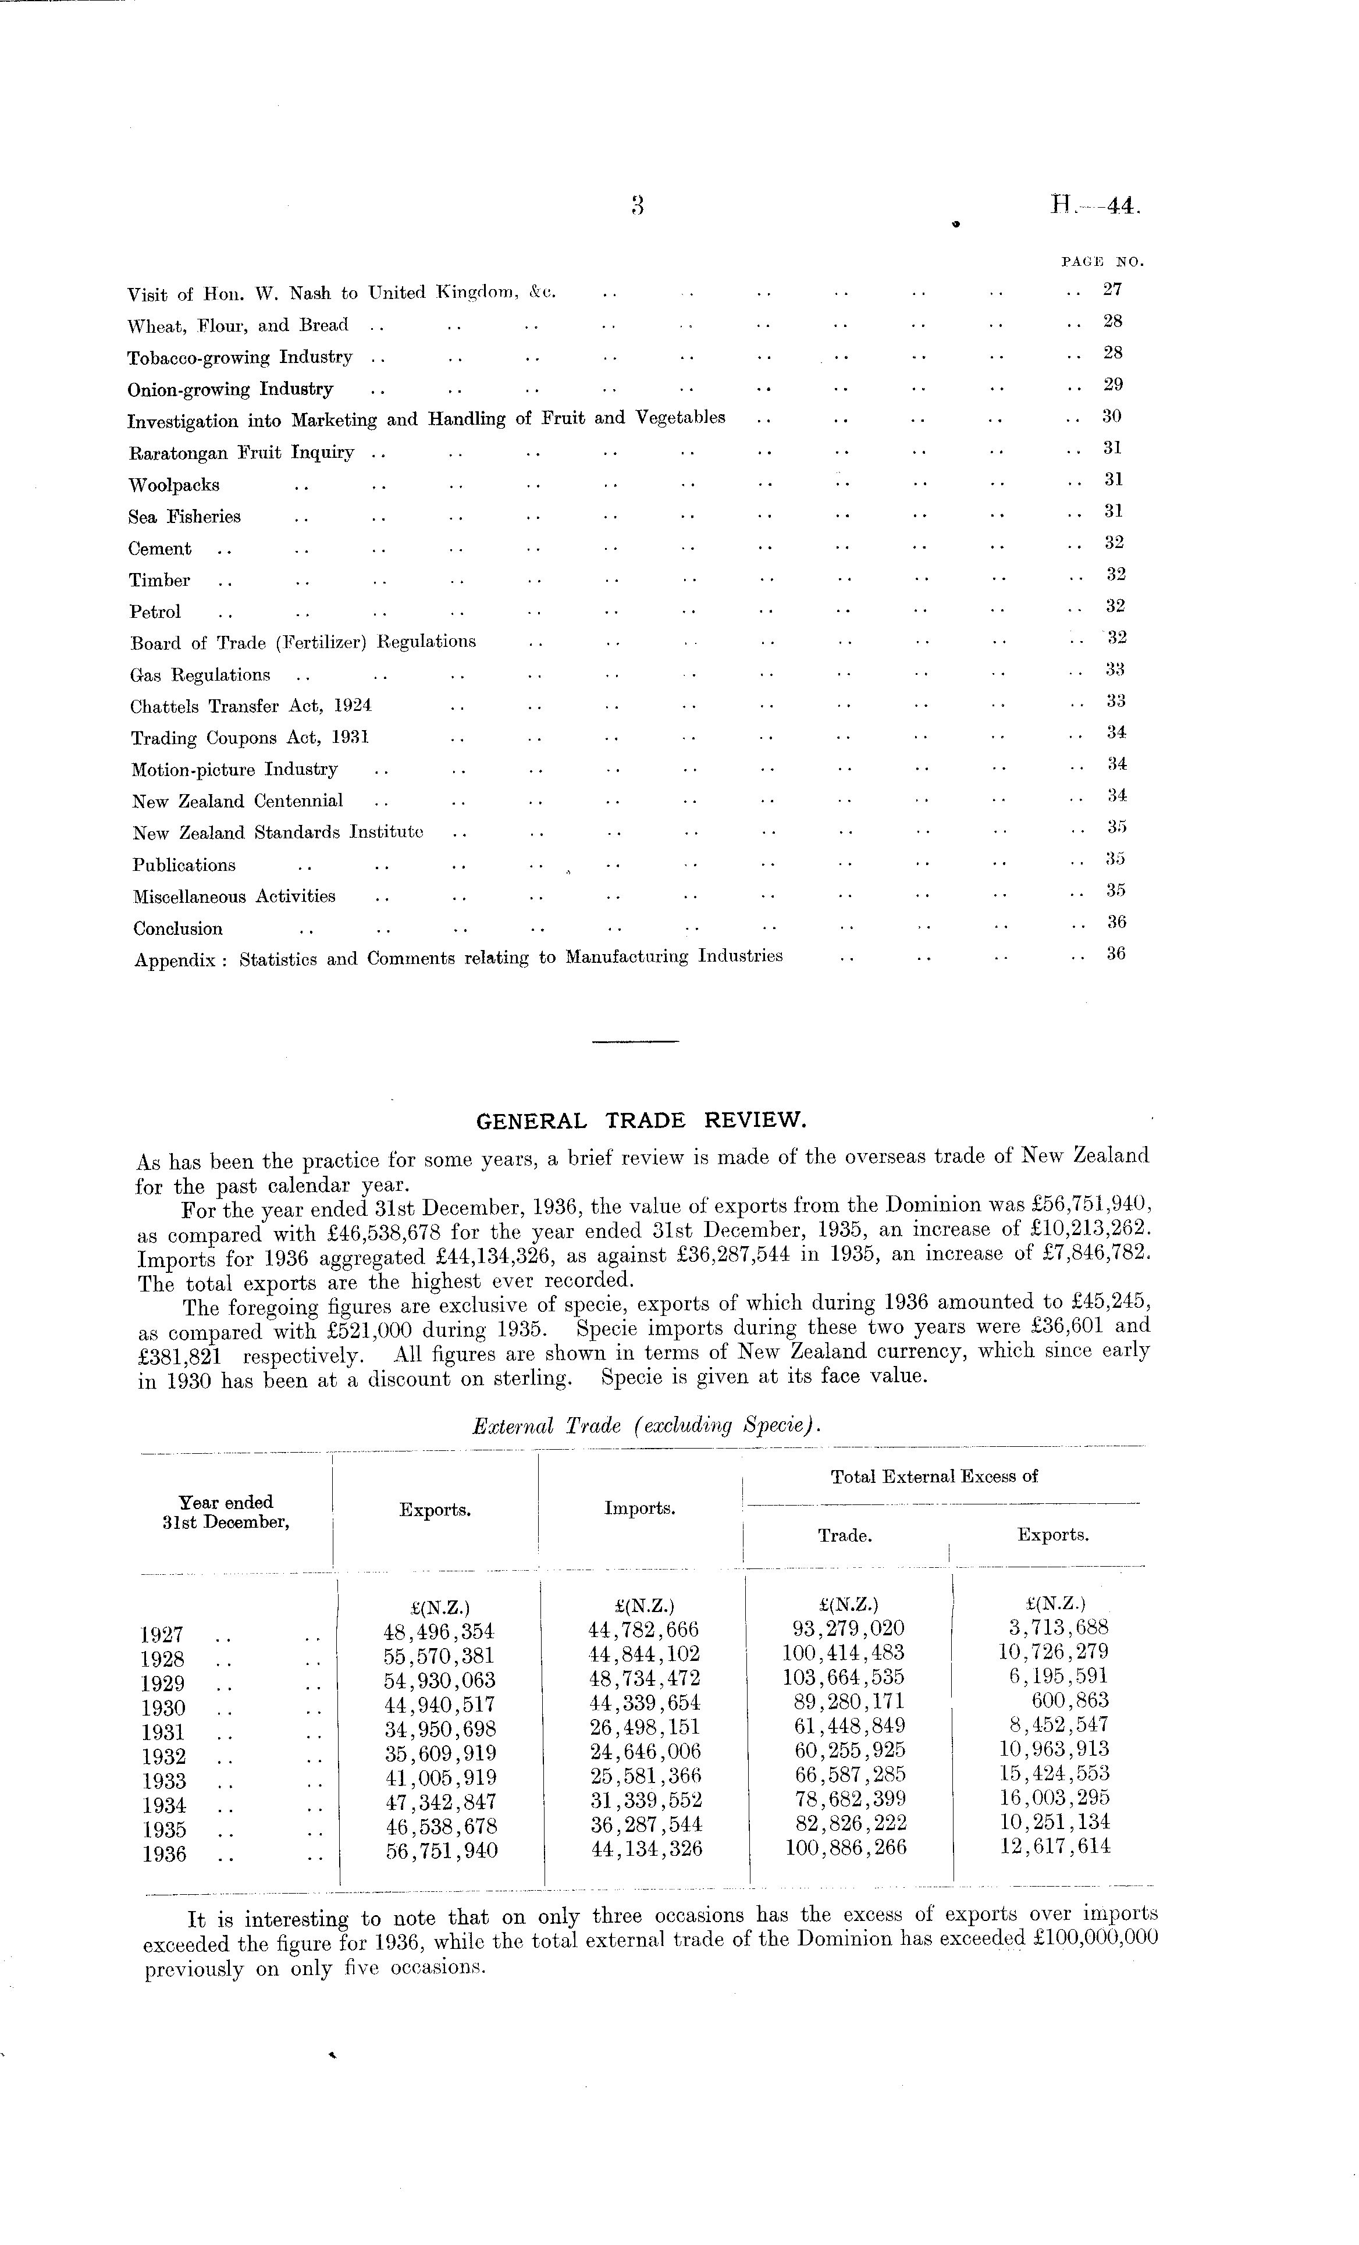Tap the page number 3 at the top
[x=638, y=207]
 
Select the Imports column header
[x=639, y=1509]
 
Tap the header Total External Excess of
[x=934, y=1477]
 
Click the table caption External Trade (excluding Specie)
[x=647, y=1427]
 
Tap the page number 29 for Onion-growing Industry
[x=1112, y=385]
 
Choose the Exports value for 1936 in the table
[x=442, y=1851]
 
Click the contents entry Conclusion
[x=177, y=929]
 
